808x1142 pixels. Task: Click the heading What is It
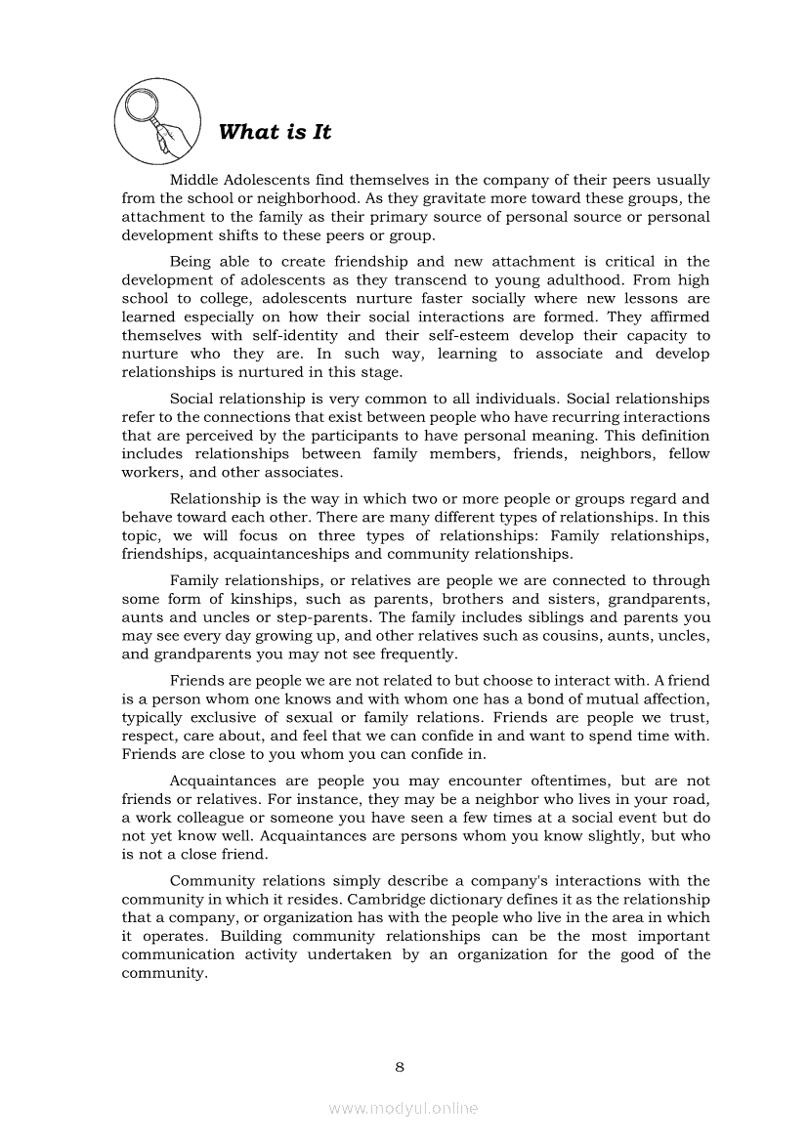coord(275,132)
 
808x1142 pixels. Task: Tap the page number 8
coord(400,1067)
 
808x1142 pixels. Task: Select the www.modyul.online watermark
coord(404,1108)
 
